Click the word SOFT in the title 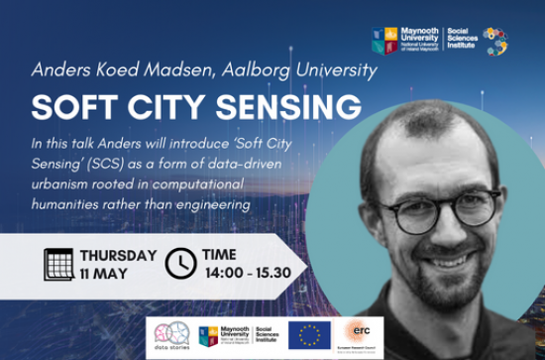(70, 106)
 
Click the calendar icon (59, 263)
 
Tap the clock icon (179, 263)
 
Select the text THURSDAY (118, 255)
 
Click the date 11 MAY (104, 273)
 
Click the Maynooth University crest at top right (378, 41)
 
